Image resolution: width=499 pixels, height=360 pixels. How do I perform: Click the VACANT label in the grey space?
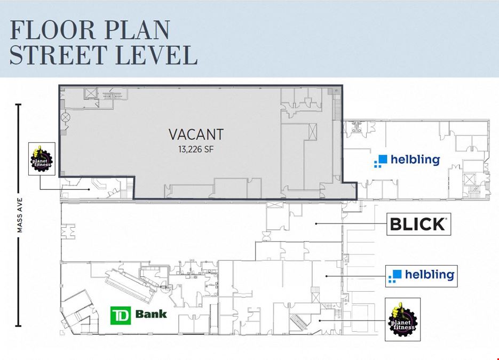coord(196,134)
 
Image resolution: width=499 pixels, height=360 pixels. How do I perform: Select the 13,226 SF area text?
coord(196,149)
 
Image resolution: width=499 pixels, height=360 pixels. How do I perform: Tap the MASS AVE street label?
coord(20,215)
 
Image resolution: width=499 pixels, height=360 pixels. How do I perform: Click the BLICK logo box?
coord(419,224)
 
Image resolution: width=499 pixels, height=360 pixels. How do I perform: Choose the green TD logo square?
coord(120,316)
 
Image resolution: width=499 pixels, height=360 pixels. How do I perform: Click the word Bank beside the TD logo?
coord(151,314)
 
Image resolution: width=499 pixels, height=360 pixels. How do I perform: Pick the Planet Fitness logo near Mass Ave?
coord(42,159)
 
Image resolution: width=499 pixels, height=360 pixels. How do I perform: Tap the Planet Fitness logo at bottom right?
coord(402,319)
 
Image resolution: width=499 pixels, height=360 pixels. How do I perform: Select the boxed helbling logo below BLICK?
coord(422,276)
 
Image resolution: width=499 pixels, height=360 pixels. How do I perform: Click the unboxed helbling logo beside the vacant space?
coord(407,160)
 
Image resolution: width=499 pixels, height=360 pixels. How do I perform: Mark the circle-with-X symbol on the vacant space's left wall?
coord(66,117)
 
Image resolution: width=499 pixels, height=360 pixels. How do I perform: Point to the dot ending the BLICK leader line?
coord(316,224)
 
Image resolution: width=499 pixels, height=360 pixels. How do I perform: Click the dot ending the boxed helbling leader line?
coord(327,276)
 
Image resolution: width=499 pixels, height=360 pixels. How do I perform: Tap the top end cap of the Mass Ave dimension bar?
coord(19,105)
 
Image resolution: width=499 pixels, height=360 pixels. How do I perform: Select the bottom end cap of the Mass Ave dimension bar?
coord(19,326)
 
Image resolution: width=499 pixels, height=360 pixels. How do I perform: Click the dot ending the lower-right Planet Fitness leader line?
coord(320,321)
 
